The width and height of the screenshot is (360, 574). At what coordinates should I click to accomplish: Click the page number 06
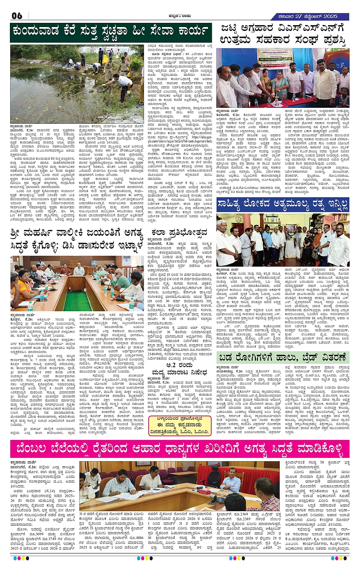(x=17, y=16)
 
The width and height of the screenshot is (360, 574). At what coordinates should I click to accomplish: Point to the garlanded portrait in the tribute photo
(x=290, y=230)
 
